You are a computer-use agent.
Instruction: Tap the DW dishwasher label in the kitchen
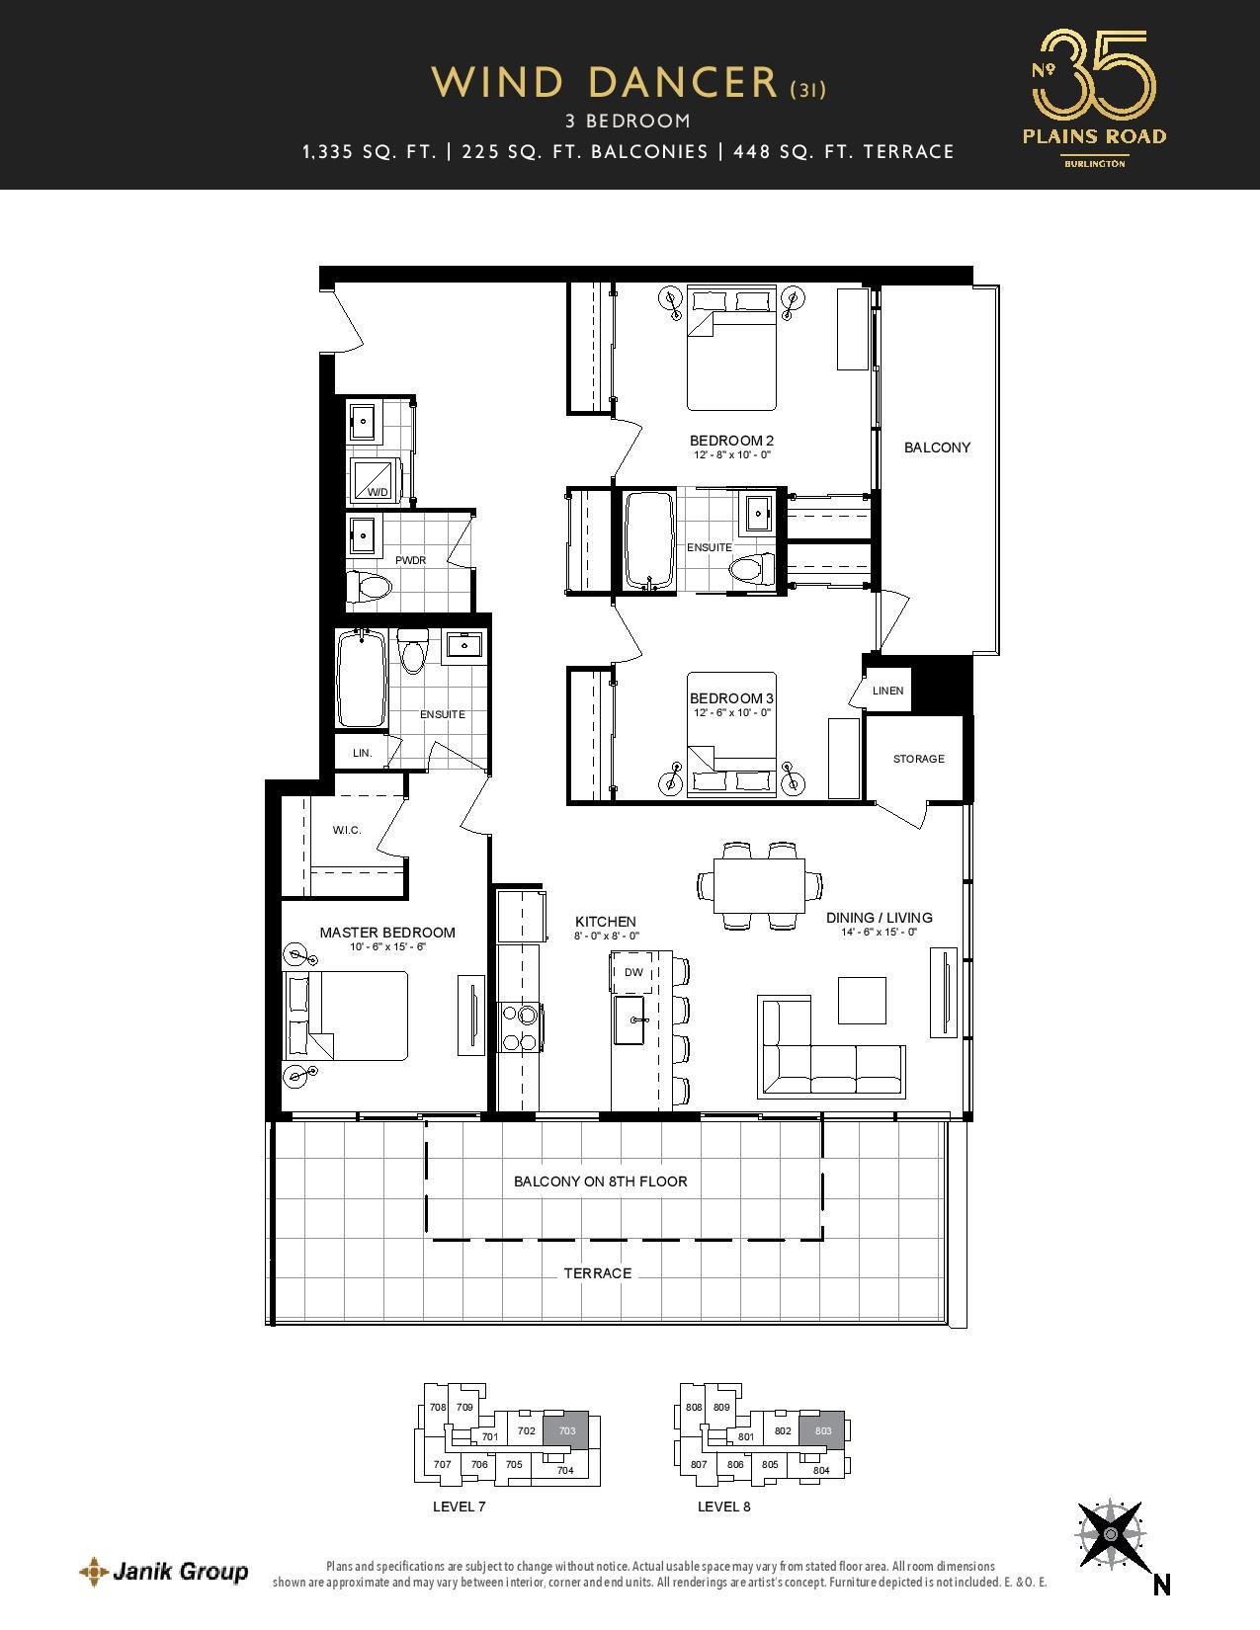pyautogui.click(x=634, y=972)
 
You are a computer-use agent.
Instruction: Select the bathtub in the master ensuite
pyautogui.click(x=362, y=679)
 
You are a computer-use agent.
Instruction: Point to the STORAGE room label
pyautogui.click(x=918, y=759)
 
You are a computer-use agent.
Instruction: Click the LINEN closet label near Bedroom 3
pyautogui.click(x=887, y=691)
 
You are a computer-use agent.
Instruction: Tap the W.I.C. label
pyautogui.click(x=347, y=830)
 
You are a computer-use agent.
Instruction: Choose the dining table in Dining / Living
pyautogui.click(x=759, y=886)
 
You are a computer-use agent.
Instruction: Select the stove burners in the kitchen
pyautogui.click(x=519, y=1028)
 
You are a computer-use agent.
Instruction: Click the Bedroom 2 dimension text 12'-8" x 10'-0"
pyautogui.click(x=731, y=454)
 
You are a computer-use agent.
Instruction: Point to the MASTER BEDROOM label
pyautogui.click(x=387, y=933)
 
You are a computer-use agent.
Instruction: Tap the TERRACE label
pyautogui.click(x=598, y=1273)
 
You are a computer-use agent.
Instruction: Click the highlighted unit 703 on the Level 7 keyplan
pyautogui.click(x=567, y=1430)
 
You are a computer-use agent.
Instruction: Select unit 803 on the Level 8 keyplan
pyautogui.click(x=822, y=1430)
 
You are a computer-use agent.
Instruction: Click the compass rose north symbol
pyautogui.click(x=1111, y=1533)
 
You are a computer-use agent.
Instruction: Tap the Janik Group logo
pyautogui.click(x=164, y=1566)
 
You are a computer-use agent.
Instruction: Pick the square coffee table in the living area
pyautogui.click(x=862, y=1000)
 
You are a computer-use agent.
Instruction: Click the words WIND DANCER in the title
pyautogui.click(x=605, y=83)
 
